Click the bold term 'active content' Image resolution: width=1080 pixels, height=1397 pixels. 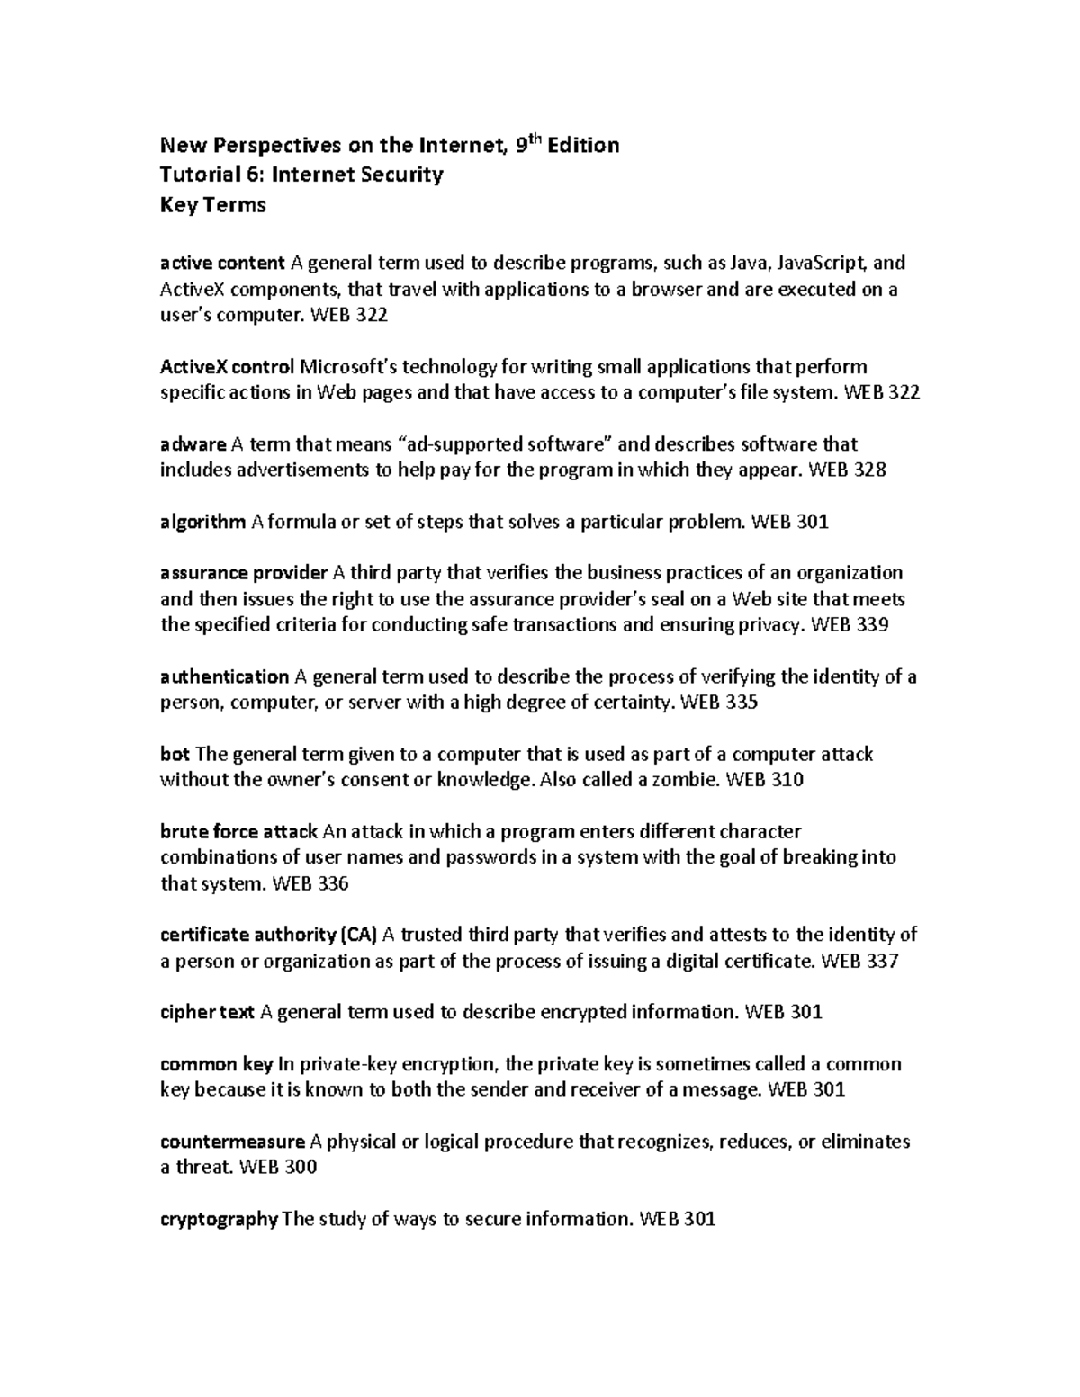[222, 264]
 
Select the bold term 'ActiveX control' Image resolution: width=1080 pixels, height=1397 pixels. [227, 367]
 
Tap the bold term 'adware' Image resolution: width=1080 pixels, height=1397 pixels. [193, 444]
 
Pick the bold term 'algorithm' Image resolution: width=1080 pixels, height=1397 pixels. [202, 522]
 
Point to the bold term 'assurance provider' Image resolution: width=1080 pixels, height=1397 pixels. [244, 573]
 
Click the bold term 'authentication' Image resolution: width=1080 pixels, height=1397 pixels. [224, 677]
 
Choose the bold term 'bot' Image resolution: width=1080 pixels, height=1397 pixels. [175, 754]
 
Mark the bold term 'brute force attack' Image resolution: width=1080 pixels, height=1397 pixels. [238, 832]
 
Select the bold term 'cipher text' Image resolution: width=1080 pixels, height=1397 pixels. [207, 1013]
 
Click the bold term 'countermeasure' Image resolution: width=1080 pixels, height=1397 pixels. [232, 1142]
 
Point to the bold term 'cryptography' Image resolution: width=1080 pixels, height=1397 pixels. [219, 1220]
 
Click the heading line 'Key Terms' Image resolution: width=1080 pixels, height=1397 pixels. [212, 205]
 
